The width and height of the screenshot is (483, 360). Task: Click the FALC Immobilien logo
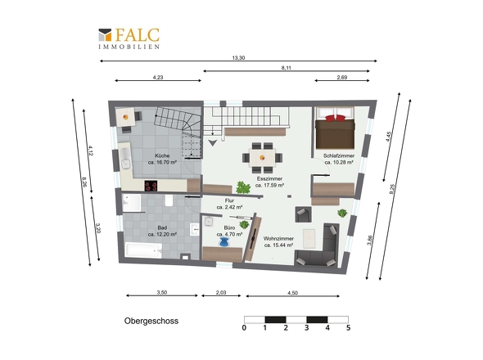click(x=129, y=38)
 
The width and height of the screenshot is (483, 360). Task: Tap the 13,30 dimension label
click(x=238, y=57)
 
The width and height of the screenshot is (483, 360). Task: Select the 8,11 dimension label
click(x=287, y=68)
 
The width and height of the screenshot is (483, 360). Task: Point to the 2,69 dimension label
click(x=342, y=77)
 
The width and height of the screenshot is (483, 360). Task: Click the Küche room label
click(x=162, y=155)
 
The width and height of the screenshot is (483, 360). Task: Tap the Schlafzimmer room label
click(x=339, y=155)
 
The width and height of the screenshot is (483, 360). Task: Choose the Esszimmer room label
click(x=269, y=178)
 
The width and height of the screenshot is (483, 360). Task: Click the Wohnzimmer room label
click(x=278, y=238)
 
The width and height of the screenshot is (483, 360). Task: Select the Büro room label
click(x=229, y=227)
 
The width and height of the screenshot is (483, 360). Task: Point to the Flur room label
click(x=229, y=200)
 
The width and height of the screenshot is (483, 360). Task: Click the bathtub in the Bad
click(x=144, y=250)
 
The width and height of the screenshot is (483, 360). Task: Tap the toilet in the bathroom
click(x=169, y=200)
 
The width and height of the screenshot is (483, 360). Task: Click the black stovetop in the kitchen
click(x=151, y=186)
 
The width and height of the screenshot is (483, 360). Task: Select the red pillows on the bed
click(x=335, y=118)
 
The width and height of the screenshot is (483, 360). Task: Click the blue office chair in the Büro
click(x=224, y=243)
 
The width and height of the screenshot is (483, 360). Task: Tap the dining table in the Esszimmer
click(x=262, y=158)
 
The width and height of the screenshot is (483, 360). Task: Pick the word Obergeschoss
click(x=151, y=321)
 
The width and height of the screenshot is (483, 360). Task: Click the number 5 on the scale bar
click(x=348, y=327)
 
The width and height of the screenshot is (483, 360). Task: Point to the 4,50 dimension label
click(x=292, y=293)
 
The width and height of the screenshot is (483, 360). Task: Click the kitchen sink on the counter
click(x=125, y=158)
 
